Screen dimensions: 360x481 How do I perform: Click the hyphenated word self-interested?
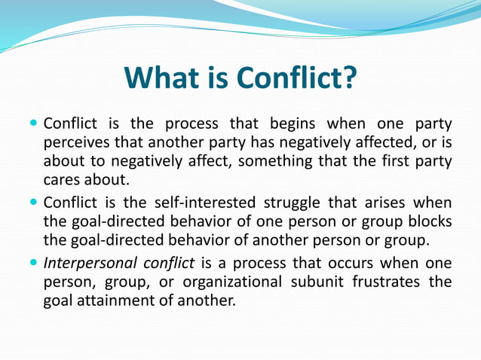pos(199,203)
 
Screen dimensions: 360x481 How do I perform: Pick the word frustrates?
pos(388,282)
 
